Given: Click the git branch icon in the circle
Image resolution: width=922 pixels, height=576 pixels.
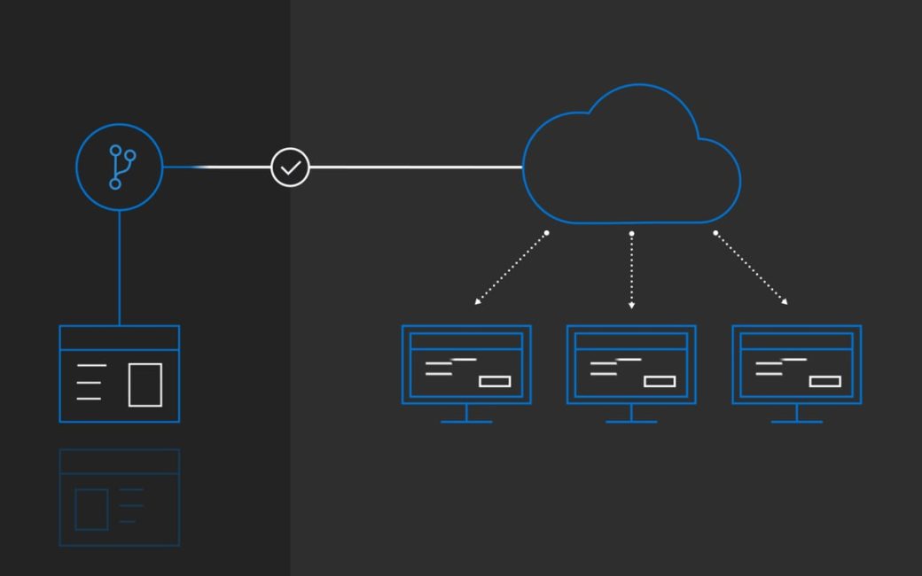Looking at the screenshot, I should (x=120, y=167).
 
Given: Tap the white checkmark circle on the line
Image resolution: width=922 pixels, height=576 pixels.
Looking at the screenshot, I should (x=290, y=167).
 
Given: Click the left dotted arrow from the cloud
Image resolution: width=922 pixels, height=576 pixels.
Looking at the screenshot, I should (x=511, y=269).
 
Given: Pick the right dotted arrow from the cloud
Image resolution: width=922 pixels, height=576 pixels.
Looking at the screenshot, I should (x=751, y=269).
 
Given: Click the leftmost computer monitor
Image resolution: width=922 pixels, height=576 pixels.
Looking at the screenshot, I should (x=466, y=364).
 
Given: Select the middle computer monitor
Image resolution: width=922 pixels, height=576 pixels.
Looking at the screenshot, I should (x=631, y=364).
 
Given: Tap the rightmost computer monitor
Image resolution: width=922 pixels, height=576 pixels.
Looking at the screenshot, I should (x=797, y=364).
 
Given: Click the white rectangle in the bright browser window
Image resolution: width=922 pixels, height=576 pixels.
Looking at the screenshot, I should (x=145, y=385).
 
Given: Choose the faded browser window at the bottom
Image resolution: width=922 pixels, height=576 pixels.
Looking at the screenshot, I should (x=120, y=497).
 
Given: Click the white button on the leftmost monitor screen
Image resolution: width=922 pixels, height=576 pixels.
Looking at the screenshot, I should (x=495, y=381).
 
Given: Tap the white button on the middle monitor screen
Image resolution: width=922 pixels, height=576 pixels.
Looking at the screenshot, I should (x=660, y=381).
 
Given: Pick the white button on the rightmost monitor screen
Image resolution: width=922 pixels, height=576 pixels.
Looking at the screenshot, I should (x=825, y=381).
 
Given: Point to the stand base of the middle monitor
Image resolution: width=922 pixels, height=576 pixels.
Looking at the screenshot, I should (x=631, y=421).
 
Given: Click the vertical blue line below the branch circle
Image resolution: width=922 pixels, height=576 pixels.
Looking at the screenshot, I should (x=120, y=268).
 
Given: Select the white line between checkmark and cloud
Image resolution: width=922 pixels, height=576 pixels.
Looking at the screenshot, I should (x=417, y=167).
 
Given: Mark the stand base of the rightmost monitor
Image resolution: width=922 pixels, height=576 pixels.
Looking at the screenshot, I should (x=797, y=421).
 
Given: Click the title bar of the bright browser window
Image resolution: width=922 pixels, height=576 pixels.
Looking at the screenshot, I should (x=120, y=338).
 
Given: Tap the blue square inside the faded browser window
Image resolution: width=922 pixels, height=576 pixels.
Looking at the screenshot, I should (x=91, y=509).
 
